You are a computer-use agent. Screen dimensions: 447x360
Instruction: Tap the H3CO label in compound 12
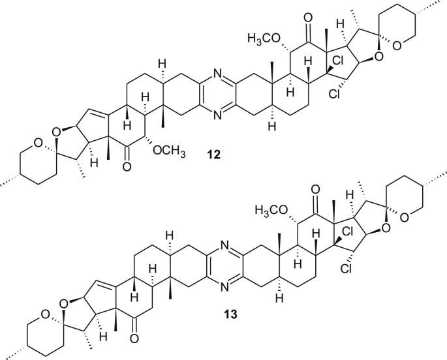pos(264,40)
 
